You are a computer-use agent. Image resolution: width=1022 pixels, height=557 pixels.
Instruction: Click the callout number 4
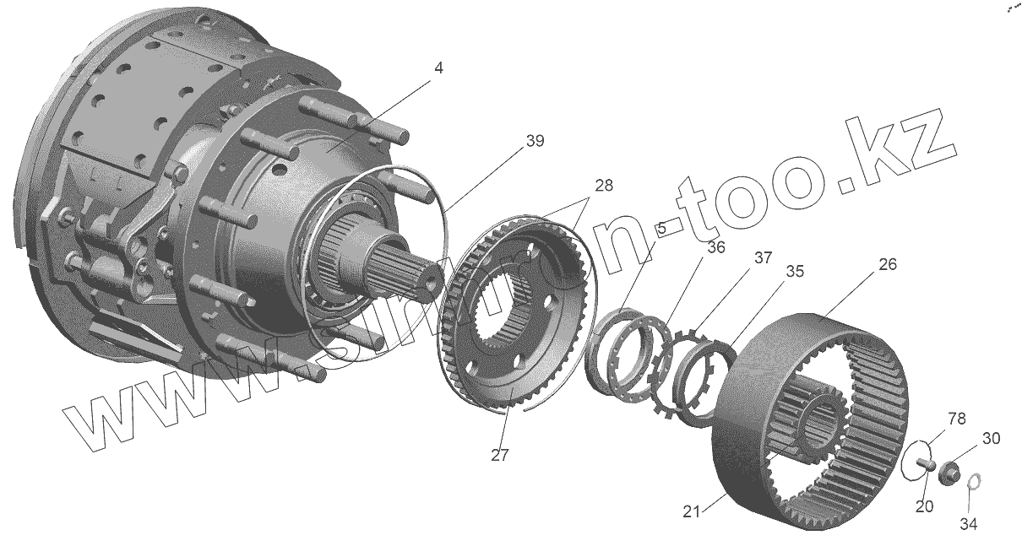click(436, 68)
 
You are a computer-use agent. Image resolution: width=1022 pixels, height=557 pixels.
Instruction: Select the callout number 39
click(535, 141)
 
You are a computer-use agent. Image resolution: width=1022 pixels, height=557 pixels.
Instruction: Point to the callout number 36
click(716, 247)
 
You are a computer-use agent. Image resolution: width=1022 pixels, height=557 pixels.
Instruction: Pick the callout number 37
click(762, 258)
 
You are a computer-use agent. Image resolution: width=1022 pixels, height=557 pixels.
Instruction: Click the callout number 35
click(794, 273)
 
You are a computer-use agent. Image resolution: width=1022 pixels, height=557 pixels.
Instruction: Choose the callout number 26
click(887, 264)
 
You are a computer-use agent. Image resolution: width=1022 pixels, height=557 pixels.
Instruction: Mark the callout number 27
click(500, 455)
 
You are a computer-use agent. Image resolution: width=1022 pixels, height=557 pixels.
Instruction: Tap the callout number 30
click(991, 438)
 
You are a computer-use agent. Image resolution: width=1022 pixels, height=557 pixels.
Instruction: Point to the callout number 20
click(924, 506)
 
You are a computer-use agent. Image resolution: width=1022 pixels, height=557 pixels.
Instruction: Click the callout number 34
click(968, 524)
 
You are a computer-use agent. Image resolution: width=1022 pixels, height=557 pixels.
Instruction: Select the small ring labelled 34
click(972, 482)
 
